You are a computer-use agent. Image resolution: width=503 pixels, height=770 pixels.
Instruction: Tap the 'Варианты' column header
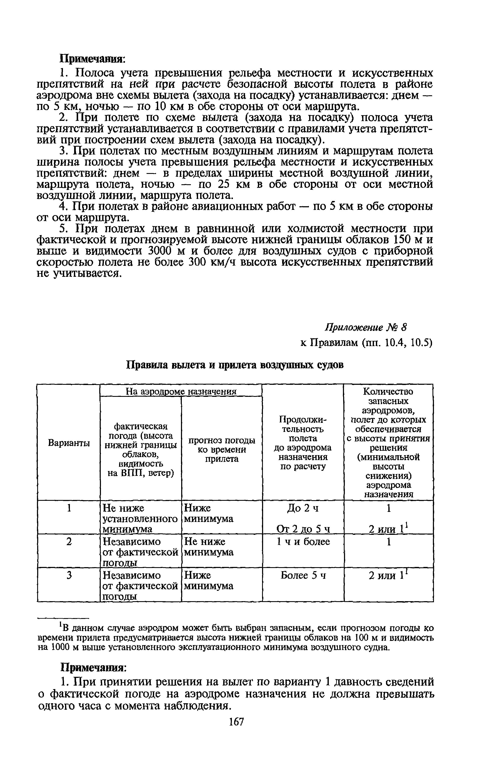pyautogui.click(x=69, y=443)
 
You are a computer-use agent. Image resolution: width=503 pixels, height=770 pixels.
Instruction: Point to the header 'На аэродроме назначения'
pyautogui.click(x=181, y=392)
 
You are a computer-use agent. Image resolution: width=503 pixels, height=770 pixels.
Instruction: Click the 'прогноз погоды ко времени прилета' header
pyautogui.click(x=222, y=450)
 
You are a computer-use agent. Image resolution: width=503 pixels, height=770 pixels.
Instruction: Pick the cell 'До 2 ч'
pyautogui.click(x=303, y=509)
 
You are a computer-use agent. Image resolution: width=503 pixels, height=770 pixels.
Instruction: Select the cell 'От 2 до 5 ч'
pyautogui.click(x=303, y=529)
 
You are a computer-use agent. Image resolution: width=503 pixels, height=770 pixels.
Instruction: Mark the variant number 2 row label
pyautogui.click(x=69, y=542)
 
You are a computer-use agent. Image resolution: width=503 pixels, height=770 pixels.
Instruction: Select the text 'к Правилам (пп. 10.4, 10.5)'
pyautogui.click(x=366, y=343)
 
